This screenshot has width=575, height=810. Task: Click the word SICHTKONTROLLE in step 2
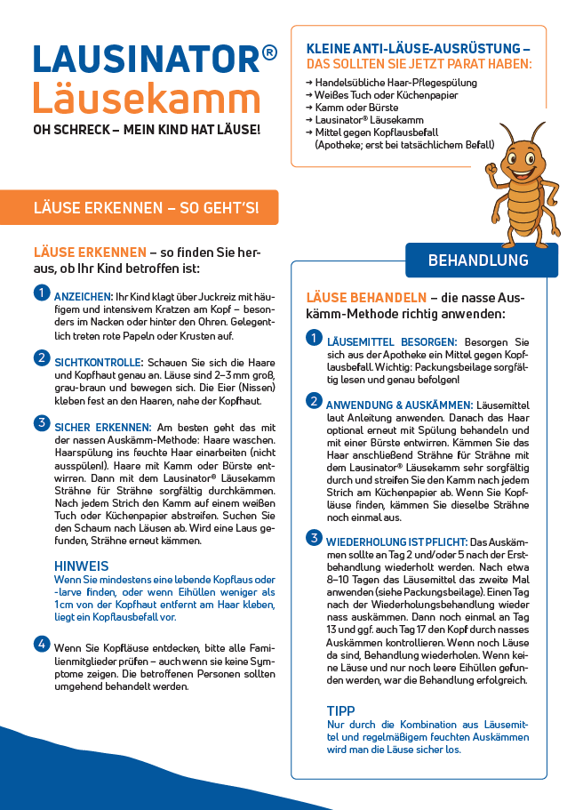click(x=99, y=363)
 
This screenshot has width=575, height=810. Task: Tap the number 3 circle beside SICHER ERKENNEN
click(x=42, y=422)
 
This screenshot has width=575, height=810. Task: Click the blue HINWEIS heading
click(x=82, y=565)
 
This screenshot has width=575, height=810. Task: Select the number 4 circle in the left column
click(x=42, y=643)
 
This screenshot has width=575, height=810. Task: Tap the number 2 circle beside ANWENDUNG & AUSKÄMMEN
click(x=314, y=401)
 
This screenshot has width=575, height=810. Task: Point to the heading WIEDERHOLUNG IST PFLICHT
click(x=395, y=541)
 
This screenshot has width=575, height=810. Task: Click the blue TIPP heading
click(x=341, y=711)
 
